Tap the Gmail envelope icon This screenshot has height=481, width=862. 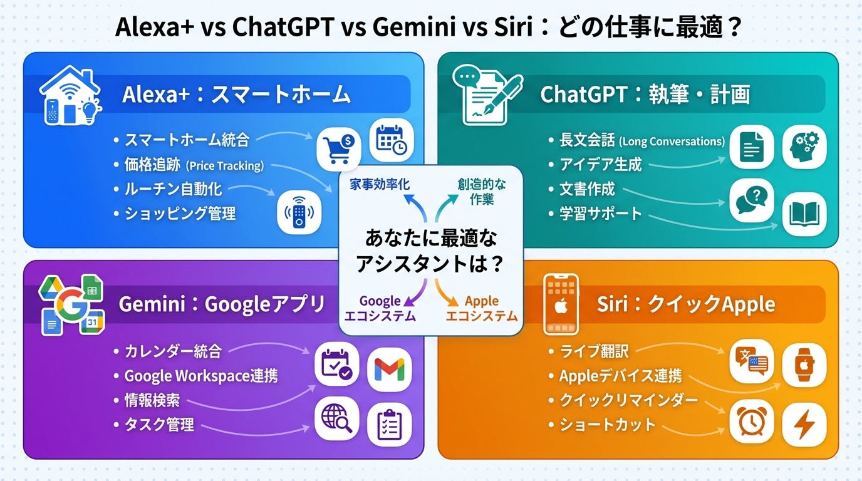(x=390, y=370)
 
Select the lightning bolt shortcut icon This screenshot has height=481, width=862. (x=804, y=425)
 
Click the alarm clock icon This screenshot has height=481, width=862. (x=752, y=421)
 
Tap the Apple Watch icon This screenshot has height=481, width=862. (x=804, y=365)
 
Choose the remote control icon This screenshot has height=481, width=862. (x=299, y=212)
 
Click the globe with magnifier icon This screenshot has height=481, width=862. (x=337, y=418)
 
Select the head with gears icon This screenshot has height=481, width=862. (x=804, y=147)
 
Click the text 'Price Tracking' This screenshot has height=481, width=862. (x=225, y=166)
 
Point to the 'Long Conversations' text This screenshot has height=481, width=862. (x=672, y=142)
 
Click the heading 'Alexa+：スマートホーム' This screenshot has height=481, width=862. (x=236, y=95)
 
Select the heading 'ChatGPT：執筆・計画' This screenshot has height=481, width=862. (x=645, y=95)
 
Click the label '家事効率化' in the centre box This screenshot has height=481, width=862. (x=380, y=185)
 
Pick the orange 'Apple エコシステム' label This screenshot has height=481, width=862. (x=481, y=308)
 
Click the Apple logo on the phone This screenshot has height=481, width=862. (x=561, y=307)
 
